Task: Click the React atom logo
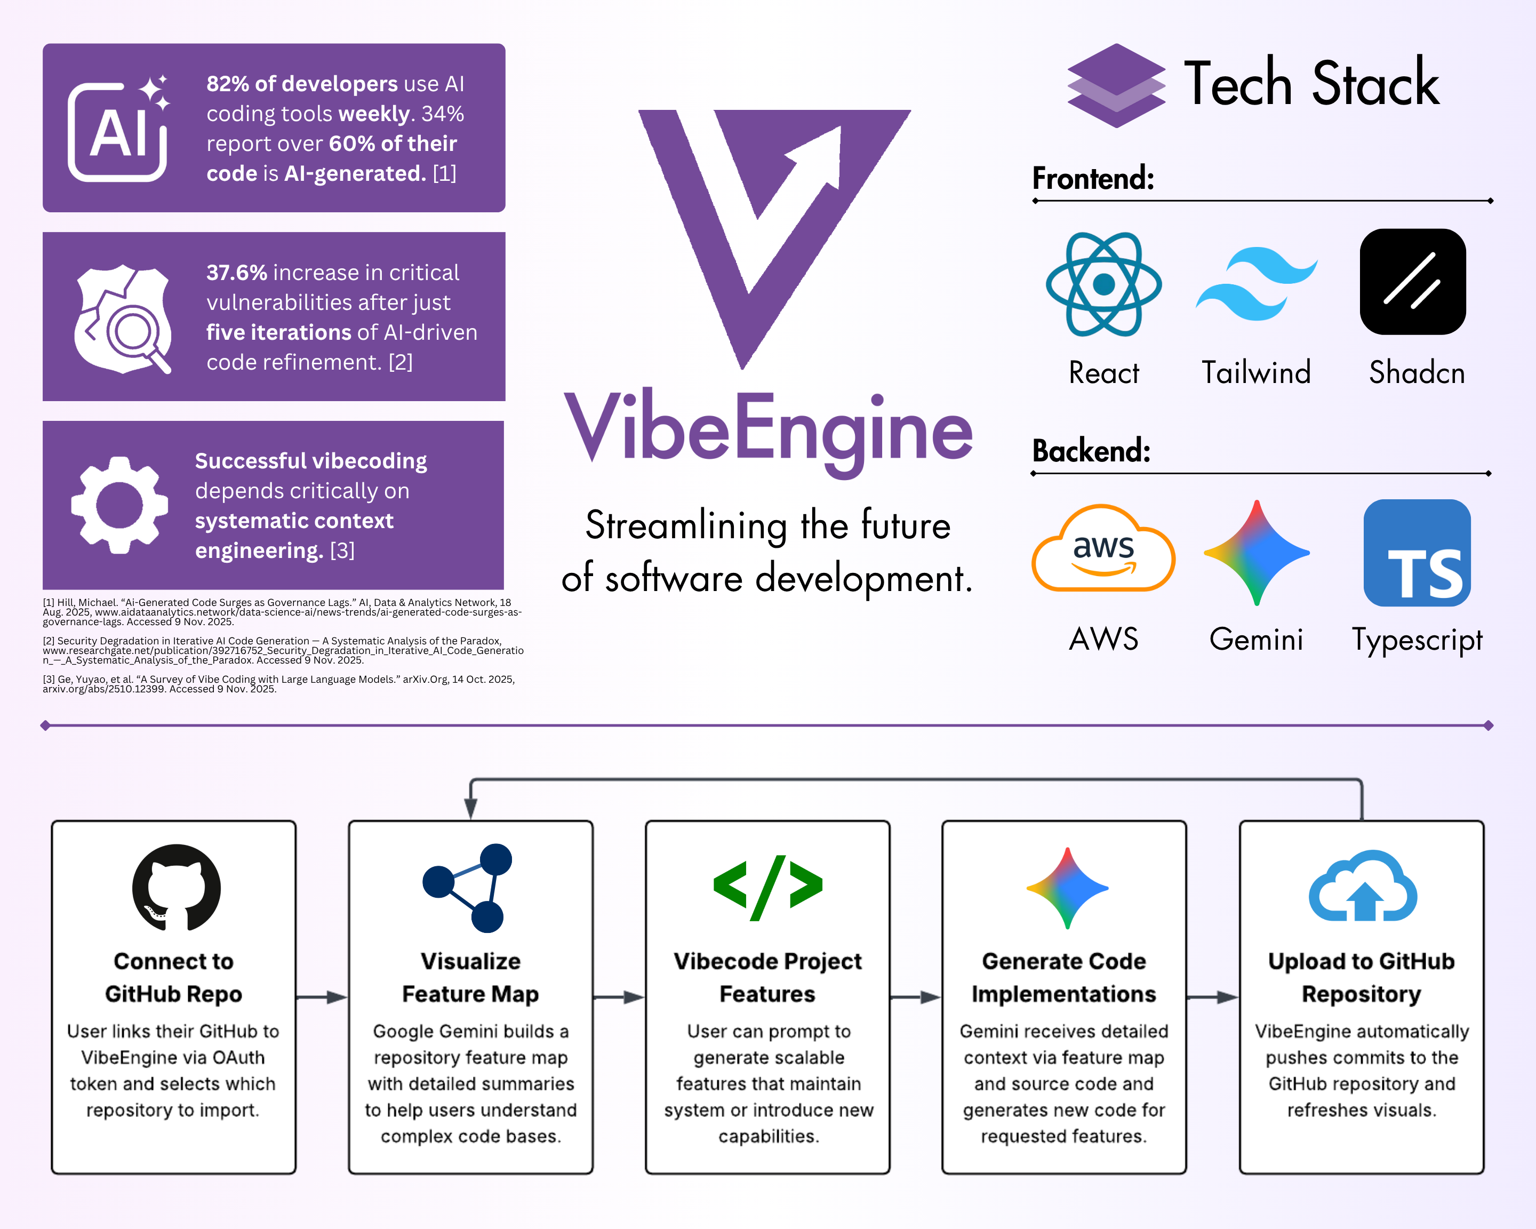pyautogui.click(x=1103, y=284)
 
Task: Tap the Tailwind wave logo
pyautogui.click(x=1257, y=284)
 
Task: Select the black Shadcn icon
pyautogui.click(x=1413, y=282)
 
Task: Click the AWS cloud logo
pyautogui.click(x=1103, y=548)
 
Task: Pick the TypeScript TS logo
pyautogui.click(x=1417, y=553)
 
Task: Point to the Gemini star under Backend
pyautogui.click(x=1257, y=553)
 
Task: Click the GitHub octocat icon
pyautogui.click(x=176, y=888)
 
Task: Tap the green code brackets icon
pyautogui.click(x=768, y=888)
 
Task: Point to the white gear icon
pyautogui.click(x=119, y=505)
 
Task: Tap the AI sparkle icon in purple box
pyautogui.click(x=119, y=128)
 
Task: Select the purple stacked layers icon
pyautogui.click(x=1116, y=85)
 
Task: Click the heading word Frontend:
pyautogui.click(x=1093, y=178)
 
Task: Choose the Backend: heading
pyautogui.click(x=1091, y=450)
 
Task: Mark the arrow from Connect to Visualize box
pyautogui.click(x=321, y=997)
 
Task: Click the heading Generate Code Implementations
pyautogui.click(x=1063, y=978)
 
